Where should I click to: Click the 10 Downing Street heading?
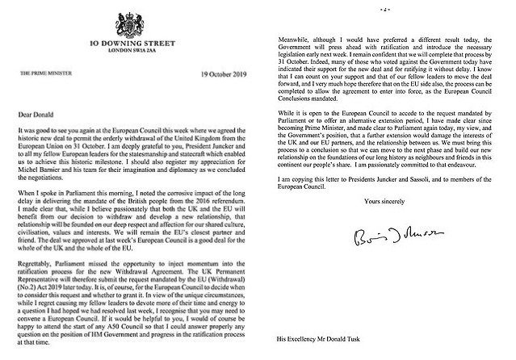(130, 39)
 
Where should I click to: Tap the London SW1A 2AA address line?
(130, 48)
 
